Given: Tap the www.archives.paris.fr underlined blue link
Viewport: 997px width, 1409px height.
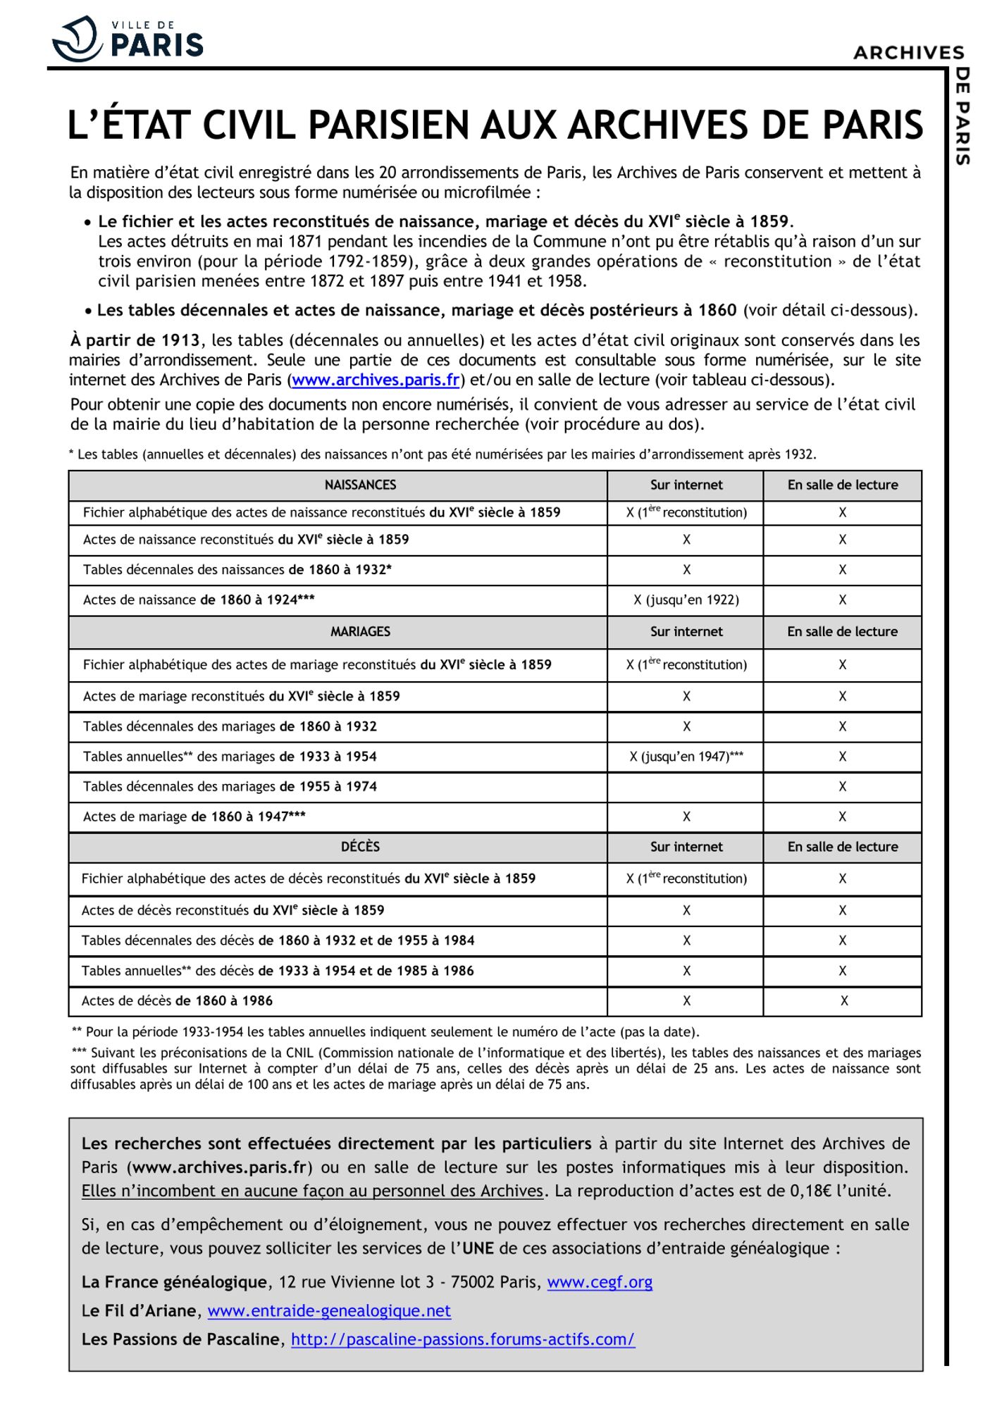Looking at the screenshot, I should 376,380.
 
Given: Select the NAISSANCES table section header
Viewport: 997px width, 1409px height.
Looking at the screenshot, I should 360,485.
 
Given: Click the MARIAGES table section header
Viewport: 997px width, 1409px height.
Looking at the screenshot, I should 360,632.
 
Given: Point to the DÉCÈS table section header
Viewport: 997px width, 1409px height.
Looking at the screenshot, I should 360,847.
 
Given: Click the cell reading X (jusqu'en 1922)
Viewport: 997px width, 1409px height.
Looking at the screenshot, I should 686,600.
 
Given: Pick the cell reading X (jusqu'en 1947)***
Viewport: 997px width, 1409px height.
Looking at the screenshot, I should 686,757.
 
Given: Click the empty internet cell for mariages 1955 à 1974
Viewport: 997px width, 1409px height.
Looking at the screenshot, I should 686,787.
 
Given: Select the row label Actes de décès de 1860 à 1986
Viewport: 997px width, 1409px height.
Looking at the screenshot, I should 177,1001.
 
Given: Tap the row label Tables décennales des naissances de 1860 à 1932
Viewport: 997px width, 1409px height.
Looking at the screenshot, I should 237,570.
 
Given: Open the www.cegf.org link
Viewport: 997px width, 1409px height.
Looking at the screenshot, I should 600,1282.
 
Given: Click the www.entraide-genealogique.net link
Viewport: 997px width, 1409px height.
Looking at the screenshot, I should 329,1311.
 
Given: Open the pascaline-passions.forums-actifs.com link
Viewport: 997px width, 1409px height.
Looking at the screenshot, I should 463,1339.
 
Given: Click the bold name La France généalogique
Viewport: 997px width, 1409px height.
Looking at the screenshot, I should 174,1282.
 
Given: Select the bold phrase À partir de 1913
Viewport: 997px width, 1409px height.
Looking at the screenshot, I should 135,341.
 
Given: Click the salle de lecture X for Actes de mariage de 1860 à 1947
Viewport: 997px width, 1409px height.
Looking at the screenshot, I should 842,817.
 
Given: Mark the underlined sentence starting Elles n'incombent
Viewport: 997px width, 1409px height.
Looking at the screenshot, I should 312,1191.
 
